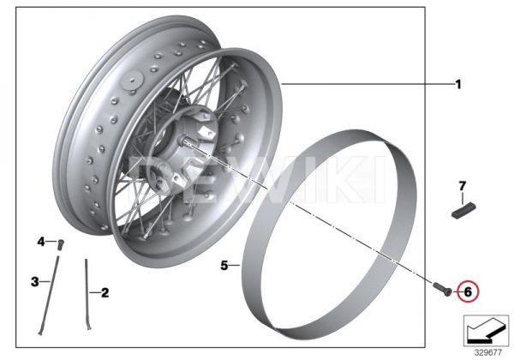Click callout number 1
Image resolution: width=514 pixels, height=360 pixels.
point(458,85)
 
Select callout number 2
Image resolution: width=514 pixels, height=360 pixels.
point(105,292)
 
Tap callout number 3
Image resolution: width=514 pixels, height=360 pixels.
point(35,282)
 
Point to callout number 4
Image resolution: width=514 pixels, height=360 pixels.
point(41,242)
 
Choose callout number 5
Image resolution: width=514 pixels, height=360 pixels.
point(224,265)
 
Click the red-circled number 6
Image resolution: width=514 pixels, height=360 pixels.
point(468,291)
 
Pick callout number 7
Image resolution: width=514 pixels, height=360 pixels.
point(463,186)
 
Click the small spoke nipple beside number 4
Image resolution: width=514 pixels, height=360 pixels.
point(61,245)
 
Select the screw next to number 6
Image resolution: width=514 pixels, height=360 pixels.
point(443,289)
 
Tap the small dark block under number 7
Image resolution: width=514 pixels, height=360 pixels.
point(463,211)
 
